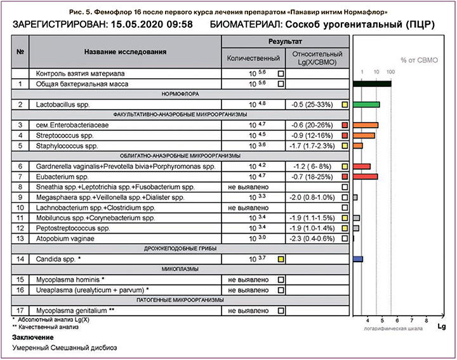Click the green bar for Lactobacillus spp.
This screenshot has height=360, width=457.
pyautogui.click(x=366, y=104)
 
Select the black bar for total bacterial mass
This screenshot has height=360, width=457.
pyautogui.click(x=372, y=83)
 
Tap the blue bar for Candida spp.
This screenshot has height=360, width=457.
pyautogui.click(x=358, y=259)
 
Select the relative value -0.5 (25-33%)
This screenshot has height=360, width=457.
pyautogui.click(x=312, y=104)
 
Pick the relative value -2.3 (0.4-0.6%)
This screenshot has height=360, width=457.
pyautogui.click(x=312, y=238)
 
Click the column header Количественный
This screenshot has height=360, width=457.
pyautogui.click(x=253, y=58)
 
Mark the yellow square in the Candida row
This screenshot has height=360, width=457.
pyautogui.click(x=281, y=259)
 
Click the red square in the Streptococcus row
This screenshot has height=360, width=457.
pyautogui.click(x=344, y=135)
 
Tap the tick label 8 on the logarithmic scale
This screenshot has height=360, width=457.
pyautogui.click(x=426, y=321)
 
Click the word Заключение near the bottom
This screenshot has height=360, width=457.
pyautogui.click(x=35, y=337)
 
